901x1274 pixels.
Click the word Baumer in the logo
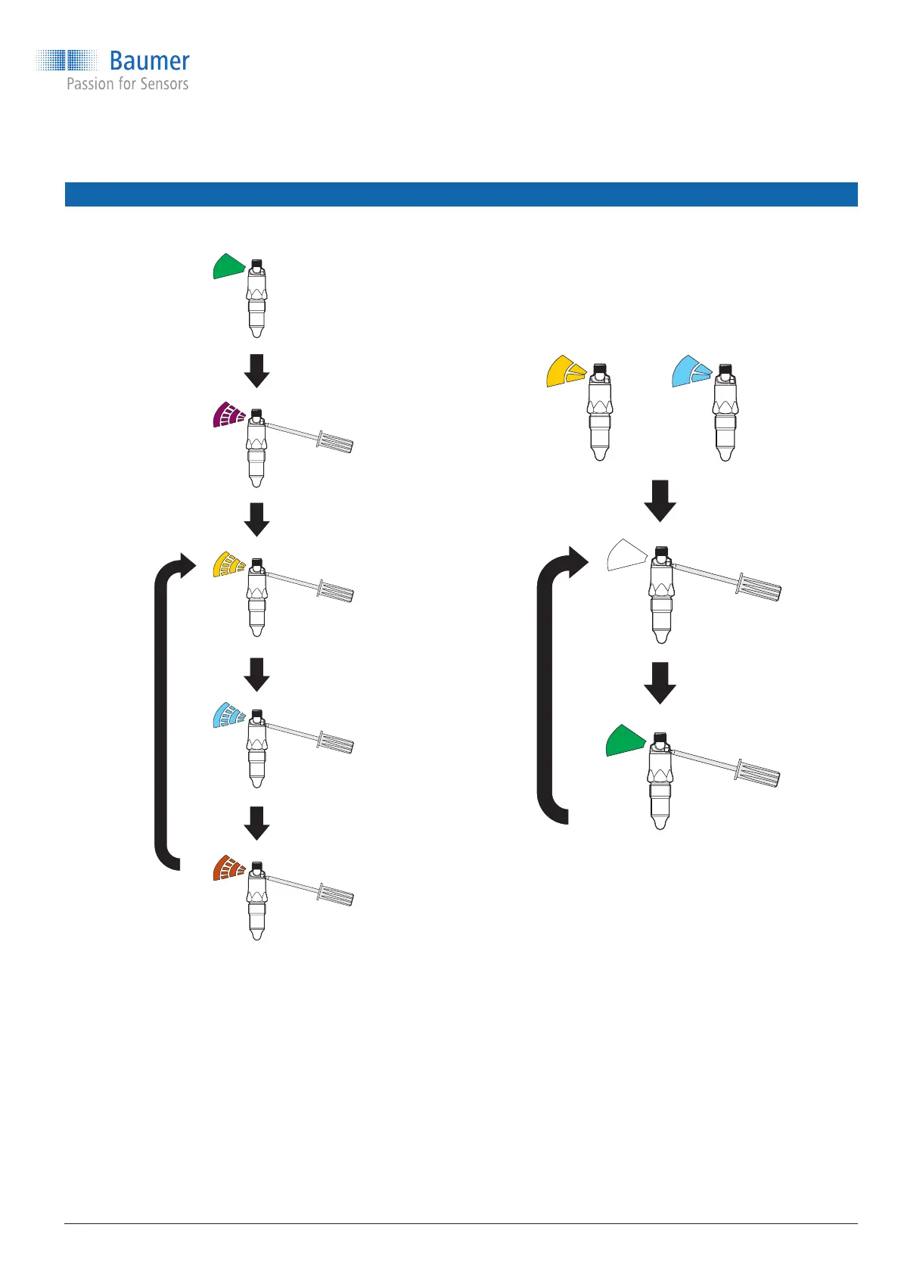[x=149, y=61]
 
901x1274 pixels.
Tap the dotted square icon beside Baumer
[x=67, y=61]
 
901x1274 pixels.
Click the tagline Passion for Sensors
[x=127, y=84]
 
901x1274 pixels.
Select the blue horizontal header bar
[x=461, y=194]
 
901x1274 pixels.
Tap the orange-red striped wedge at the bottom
[x=228, y=868]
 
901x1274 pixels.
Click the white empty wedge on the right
[x=626, y=555]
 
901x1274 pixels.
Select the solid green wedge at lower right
[x=626, y=741]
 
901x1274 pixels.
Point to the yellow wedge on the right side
[x=564, y=371]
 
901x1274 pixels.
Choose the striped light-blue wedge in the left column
[x=228, y=716]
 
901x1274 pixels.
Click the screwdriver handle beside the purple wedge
[x=335, y=442]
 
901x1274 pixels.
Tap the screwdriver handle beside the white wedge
[x=760, y=586]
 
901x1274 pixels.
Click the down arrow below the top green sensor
[x=257, y=371]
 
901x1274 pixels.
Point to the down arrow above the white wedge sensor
[x=660, y=500]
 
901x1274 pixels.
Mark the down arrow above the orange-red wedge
[x=257, y=823]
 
